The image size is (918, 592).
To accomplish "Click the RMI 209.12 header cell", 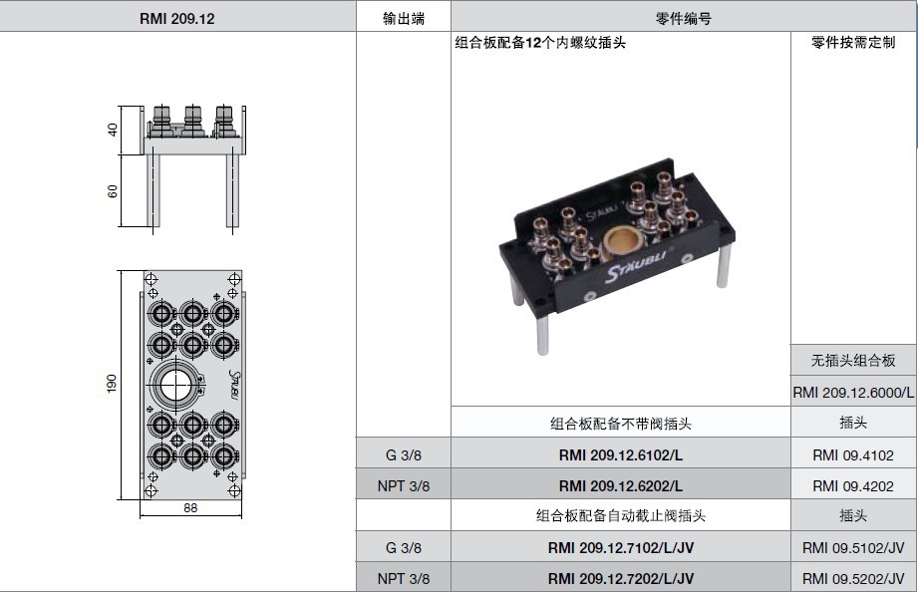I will pos(177,18).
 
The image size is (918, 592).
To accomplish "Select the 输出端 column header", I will pos(403,18).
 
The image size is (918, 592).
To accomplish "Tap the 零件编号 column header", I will pos(684,18).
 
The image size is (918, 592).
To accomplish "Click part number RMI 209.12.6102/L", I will pos(620,455).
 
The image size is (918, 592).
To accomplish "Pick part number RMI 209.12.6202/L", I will pos(620,486).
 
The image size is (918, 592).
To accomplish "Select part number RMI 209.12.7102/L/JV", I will pos(620,547).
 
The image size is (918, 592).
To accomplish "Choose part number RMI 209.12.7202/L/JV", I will pos(620,578).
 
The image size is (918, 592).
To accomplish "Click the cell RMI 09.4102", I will pos(853,455).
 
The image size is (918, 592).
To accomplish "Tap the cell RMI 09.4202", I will pos(853,486).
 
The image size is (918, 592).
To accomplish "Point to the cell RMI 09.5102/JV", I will pos(853,547).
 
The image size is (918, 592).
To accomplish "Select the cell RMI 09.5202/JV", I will pos(853,578).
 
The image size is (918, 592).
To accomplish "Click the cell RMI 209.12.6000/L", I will pos(853,393).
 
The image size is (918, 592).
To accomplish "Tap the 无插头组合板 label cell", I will pos(853,361).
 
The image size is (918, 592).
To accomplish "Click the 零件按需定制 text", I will pos(853,43).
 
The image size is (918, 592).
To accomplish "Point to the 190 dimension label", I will pos(112,384).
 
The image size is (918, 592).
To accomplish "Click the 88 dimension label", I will pos(189,508).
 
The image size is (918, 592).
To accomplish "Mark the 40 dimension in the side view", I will pos(113,130).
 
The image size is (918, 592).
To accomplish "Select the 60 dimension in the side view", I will pos(113,190).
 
